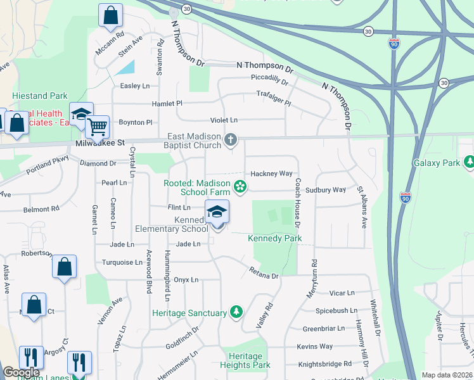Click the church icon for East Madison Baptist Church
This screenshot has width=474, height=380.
231,140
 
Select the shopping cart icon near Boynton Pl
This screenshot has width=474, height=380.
97,127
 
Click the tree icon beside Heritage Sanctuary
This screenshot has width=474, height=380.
236,312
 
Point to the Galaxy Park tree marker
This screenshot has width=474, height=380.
469,163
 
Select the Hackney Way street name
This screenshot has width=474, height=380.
271,174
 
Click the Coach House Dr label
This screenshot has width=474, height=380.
297,201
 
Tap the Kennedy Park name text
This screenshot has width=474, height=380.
274,238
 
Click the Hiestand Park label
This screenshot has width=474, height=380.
39,96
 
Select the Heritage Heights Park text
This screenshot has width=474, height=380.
245,360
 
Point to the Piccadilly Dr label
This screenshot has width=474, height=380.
269,82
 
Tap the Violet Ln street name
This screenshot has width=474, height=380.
224,120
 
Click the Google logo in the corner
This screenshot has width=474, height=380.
20,373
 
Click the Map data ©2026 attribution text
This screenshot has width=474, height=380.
447,375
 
